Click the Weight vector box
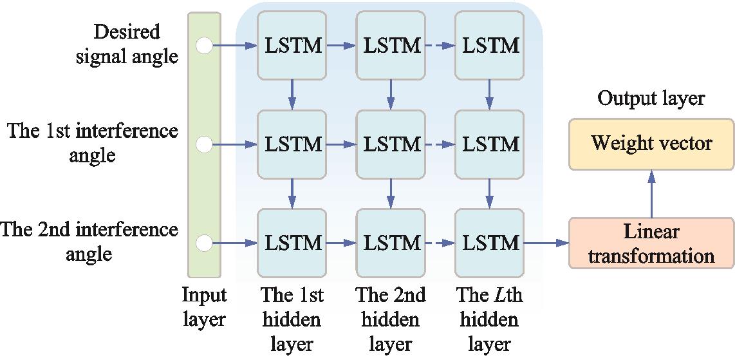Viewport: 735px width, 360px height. point(651,144)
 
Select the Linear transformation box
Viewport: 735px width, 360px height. point(651,243)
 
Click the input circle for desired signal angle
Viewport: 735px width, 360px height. point(204,46)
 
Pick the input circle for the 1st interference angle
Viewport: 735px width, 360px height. point(204,145)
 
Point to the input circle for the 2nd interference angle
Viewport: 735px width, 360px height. point(204,243)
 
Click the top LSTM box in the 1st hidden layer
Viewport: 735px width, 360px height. point(292,46)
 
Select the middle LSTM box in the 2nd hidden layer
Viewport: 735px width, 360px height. point(391,145)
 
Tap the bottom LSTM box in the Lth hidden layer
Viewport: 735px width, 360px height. point(490,243)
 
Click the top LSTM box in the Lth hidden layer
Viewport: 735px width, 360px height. point(490,46)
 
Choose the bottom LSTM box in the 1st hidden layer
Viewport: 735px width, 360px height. point(292,243)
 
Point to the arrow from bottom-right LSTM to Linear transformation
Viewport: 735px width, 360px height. point(546,243)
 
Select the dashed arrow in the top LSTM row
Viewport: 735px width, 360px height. point(440,46)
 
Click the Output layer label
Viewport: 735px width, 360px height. point(651,98)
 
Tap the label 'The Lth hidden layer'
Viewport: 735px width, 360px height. point(490,319)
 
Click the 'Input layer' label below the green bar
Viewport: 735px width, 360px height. point(204,307)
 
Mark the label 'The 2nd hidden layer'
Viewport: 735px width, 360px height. point(391,319)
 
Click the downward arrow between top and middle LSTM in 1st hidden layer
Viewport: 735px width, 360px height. point(292,94)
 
